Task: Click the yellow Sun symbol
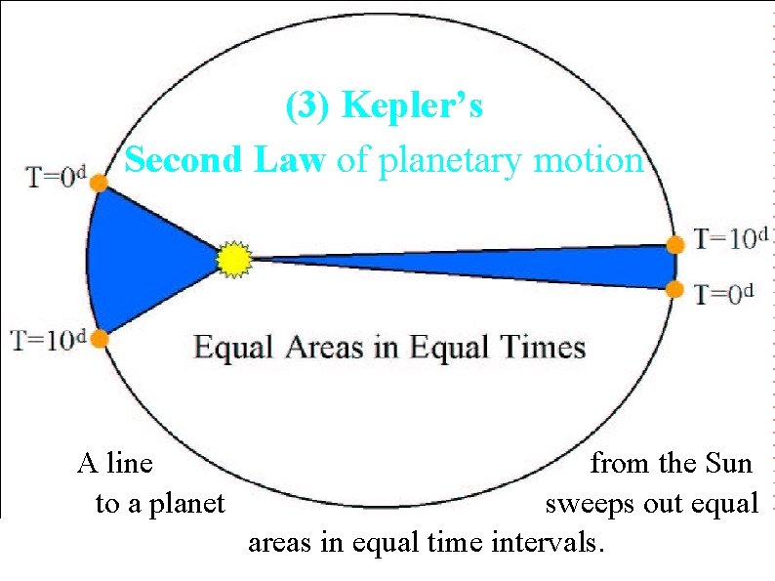click(234, 259)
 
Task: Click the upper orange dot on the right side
click(675, 243)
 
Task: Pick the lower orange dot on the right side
click(675, 288)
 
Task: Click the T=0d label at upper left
click(56, 179)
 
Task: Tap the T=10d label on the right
click(732, 237)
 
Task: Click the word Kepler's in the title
click(412, 105)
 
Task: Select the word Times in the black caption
click(541, 347)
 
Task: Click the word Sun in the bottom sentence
click(727, 462)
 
